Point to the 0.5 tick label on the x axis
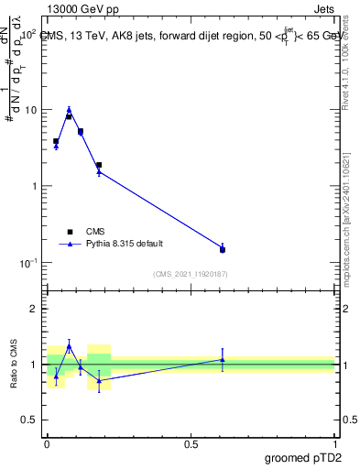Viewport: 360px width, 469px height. (191, 444)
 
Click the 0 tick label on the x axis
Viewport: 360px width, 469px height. (47, 444)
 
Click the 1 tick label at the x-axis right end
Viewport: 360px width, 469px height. (334, 444)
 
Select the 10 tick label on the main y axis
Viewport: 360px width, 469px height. (30, 110)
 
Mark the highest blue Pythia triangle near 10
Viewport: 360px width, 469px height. (69, 109)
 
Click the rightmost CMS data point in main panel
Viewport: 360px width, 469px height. (223, 249)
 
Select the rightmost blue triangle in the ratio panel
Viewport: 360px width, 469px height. (223, 359)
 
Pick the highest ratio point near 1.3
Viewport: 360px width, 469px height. (69, 346)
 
